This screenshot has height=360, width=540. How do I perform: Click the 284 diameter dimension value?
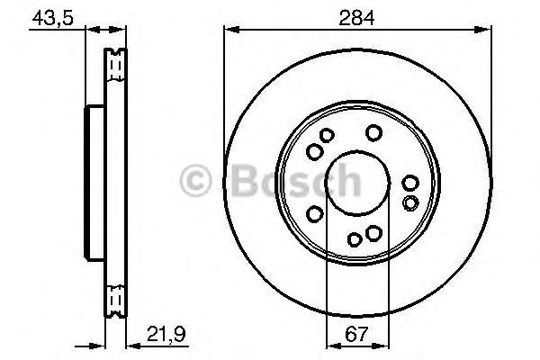[356, 16]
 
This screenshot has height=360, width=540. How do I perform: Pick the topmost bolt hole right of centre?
[373, 133]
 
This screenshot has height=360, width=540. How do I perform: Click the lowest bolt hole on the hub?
[355, 238]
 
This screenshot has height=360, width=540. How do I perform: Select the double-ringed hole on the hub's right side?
[410, 202]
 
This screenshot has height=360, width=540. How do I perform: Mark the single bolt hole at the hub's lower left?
[315, 212]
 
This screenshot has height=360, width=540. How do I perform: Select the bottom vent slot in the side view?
[114, 296]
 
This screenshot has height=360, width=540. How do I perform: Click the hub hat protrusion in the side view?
[92, 180]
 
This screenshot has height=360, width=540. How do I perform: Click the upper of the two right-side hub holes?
[410, 184]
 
